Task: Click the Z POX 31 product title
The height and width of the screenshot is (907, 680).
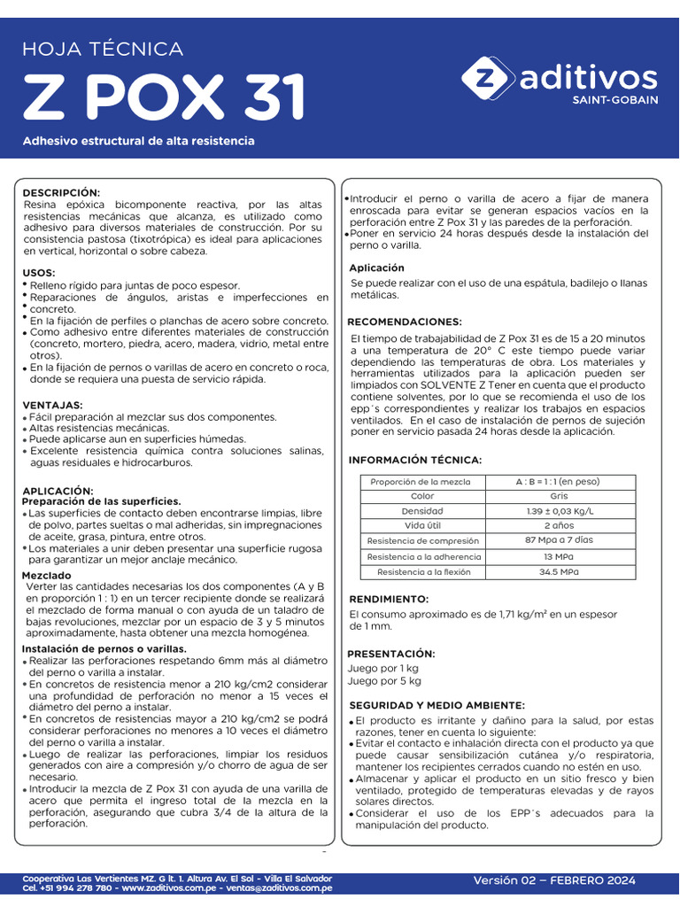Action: click(164, 97)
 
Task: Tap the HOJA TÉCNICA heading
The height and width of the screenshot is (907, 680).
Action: click(103, 50)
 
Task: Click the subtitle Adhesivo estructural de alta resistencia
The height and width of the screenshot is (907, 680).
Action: click(139, 141)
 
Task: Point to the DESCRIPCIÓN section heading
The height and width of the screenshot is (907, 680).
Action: click(61, 192)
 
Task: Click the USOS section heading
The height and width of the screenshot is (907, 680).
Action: click(39, 273)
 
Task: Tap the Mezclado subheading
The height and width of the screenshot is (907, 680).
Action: click(46, 576)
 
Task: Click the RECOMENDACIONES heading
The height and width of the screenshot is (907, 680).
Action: click(404, 322)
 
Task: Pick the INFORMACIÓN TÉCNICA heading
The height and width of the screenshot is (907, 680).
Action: click(414, 460)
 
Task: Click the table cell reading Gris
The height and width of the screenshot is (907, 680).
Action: click(559, 496)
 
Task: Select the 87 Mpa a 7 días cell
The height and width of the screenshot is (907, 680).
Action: click(559, 539)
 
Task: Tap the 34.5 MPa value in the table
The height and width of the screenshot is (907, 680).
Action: click(559, 572)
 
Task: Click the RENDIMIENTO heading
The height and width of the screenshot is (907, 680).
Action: click(389, 599)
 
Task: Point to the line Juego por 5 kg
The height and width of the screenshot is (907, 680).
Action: click(385, 681)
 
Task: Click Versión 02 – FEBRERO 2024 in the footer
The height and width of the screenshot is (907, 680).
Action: click(554, 880)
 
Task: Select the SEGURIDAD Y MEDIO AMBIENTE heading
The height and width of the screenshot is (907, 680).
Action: click(437, 705)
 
